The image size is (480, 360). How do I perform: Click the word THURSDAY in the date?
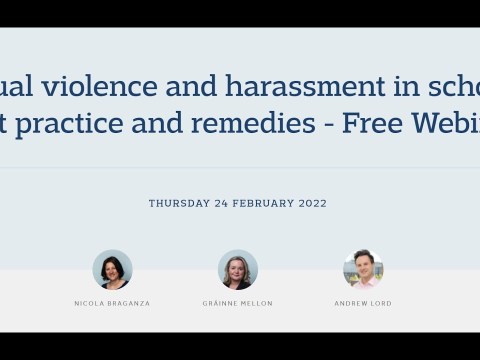(178, 204)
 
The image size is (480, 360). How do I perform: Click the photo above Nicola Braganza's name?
(112, 270)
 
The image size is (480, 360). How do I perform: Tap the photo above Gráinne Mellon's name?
(238, 270)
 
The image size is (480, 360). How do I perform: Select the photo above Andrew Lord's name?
(363, 270)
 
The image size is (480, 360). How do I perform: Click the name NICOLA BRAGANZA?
(112, 304)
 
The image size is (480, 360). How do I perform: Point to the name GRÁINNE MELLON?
(238, 304)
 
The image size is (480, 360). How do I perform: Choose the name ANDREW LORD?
(363, 304)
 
